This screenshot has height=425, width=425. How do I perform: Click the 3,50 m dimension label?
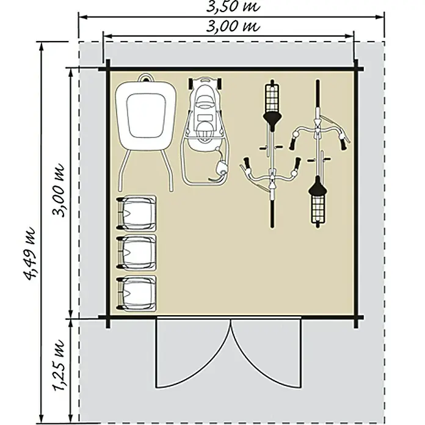point(233,6)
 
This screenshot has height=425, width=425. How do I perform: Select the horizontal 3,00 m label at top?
point(233,26)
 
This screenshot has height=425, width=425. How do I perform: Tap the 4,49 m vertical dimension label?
point(29,253)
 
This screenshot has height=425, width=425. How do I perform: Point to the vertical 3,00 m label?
point(58,191)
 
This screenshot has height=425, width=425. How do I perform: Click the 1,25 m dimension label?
point(58,365)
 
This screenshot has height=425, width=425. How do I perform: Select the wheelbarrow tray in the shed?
point(146,115)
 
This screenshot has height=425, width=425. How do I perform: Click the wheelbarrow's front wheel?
point(146,78)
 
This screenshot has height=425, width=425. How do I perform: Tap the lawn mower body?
point(205,114)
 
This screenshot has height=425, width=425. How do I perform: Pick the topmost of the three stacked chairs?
point(136,213)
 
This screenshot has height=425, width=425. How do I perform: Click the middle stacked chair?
point(136,253)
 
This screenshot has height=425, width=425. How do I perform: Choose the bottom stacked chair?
point(136,293)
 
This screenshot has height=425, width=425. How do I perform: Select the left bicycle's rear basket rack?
point(272,98)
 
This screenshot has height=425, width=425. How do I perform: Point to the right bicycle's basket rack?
point(318,209)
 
